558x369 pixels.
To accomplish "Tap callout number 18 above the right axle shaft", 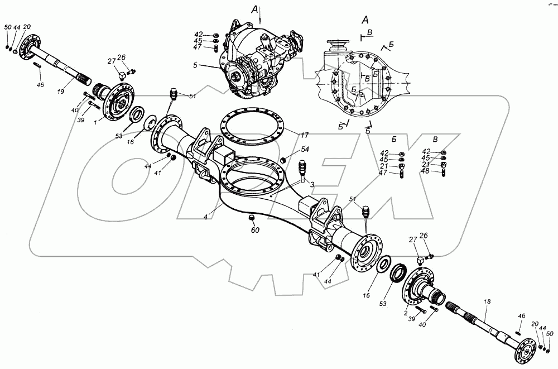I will click(x=487, y=302).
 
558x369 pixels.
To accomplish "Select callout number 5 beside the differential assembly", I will click(x=211, y=66).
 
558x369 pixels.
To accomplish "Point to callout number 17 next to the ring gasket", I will click(x=305, y=135).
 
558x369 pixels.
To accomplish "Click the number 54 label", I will click(x=305, y=150).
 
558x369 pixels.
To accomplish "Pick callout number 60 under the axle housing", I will click(x=254, y=229).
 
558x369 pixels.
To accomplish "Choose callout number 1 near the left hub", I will click(x=95, y=121).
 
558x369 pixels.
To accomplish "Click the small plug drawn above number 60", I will click(x=251, y=217).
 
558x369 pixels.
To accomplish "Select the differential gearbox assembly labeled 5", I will click(x=257, y=61).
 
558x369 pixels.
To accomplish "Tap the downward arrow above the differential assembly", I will click(x=261, y=20).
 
